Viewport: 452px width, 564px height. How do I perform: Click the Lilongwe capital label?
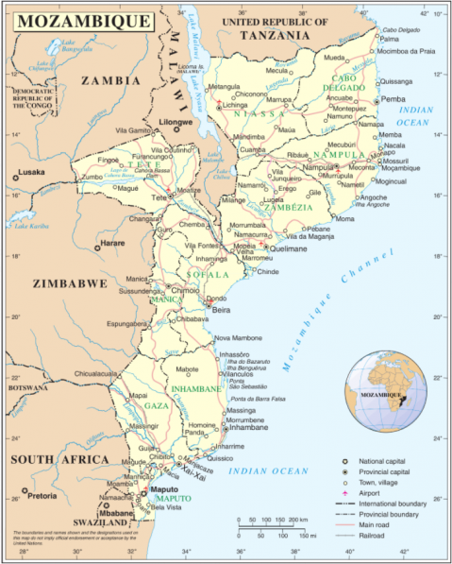point(176,122)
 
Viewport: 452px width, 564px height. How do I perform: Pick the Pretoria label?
point(42,495)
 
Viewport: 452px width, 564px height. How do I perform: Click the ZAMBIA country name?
point(105,81)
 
